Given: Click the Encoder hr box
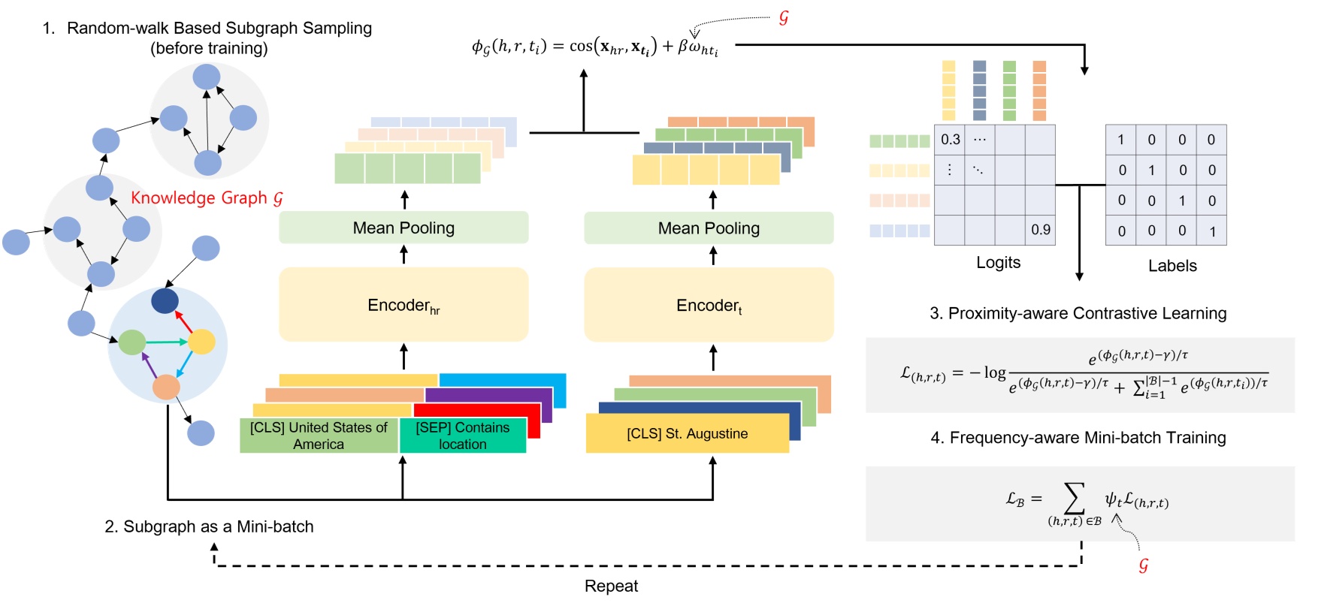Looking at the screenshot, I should coord(404,305).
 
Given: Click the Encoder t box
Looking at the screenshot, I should coord(709,305).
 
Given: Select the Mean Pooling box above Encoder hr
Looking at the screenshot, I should coord(404,228).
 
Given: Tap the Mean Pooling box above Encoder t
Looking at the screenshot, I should coord(709,228).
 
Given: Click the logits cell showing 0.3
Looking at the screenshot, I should coord(950,140).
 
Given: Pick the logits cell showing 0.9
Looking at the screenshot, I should coord(1040,230).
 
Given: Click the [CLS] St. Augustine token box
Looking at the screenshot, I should coord(687,434).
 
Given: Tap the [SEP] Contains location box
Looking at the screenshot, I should coord(462,436).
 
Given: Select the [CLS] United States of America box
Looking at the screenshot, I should coord(319,436).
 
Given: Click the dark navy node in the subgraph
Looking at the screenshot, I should coord(165,301).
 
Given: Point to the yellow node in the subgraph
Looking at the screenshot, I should coord(201,342).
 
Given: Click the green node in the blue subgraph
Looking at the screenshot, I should coord(132,342).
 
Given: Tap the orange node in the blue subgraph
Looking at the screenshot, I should coord(166,387).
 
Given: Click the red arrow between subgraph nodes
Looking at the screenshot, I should coord(183,321).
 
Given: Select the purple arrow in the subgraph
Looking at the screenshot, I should coord(149,366).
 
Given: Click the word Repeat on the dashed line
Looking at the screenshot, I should coord(611,586).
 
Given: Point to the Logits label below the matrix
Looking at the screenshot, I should coord(998,263).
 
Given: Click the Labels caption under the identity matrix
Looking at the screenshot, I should coord(1171,266).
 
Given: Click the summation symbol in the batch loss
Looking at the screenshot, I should coord(1075,499).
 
